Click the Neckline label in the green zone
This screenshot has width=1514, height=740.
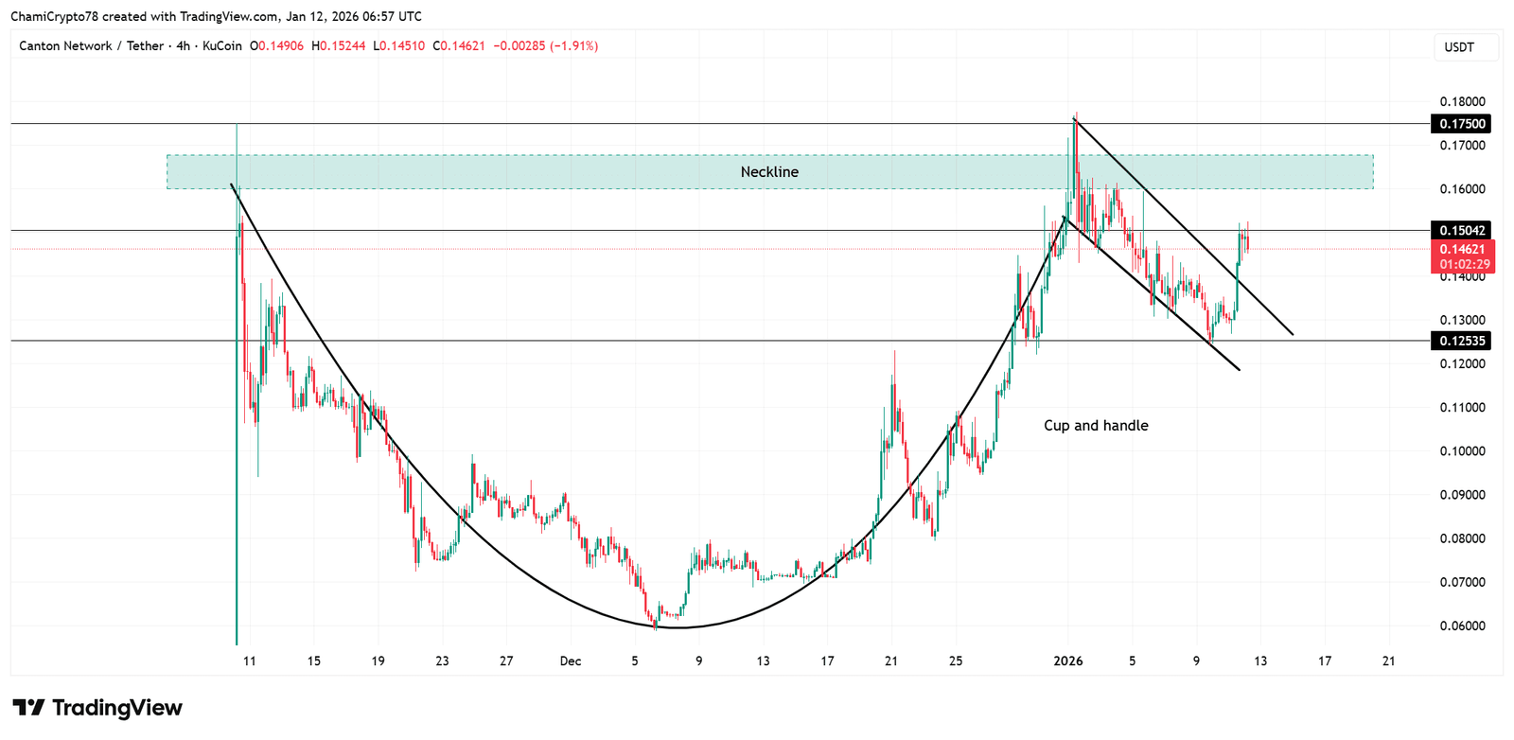(x=769, y=172)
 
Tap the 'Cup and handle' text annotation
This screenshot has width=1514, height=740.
(x=1096, y=426)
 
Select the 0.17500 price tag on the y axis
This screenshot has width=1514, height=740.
(x=1462, y=124)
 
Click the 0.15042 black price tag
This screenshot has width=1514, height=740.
(x=1462, y=231)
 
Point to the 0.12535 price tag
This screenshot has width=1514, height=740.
(x=1462, y=341)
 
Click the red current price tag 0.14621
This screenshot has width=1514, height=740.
(x=1462, y=250)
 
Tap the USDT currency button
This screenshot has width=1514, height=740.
(x=1459, y=47)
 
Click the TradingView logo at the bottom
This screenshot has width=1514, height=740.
(x=97, y=708)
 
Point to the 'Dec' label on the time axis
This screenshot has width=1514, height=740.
(x=570, y=661)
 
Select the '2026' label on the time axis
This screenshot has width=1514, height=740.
(x=1067, y=661)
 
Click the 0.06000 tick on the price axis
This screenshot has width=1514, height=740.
(x=1462, y=626)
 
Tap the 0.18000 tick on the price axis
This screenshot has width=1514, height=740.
(x=1462, y=102)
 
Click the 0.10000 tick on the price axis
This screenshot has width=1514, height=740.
(x=1462, y=451)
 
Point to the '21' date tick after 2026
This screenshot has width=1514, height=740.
(x=1388, y=661)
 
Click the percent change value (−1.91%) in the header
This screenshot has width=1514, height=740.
(x=573, y=46)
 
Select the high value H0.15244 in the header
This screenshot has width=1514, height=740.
(x=339, y=46)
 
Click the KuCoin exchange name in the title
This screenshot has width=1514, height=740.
(x=222, y=46)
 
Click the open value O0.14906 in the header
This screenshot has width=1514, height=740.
(x=277, y=46)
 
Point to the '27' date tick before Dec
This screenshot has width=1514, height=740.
(x=506, y=661)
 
